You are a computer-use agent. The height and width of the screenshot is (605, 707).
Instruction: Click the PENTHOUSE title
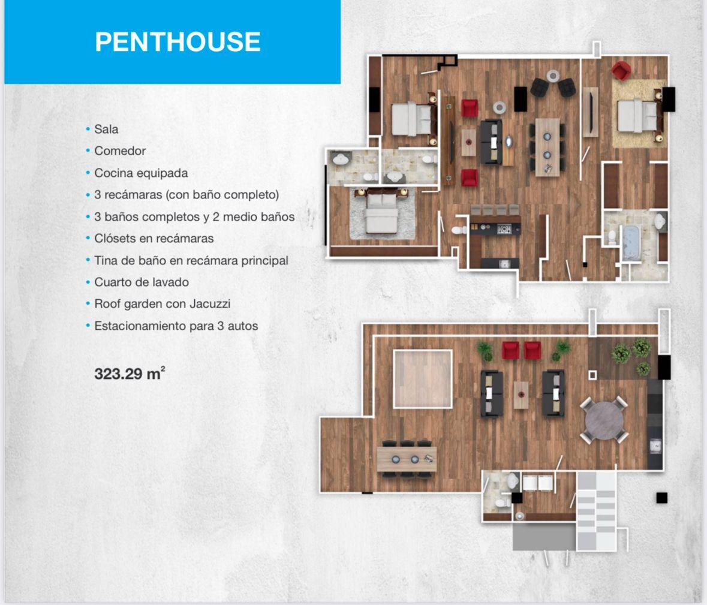point(177,41)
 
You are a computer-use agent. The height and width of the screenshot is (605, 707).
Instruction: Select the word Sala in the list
point(106,130)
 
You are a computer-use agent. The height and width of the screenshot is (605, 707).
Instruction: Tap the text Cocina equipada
point(141,173)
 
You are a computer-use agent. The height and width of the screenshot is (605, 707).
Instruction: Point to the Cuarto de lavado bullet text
point(142,282)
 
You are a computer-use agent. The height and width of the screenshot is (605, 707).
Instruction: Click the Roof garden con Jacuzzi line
point(163,304)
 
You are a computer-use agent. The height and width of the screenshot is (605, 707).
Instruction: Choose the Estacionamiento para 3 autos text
point(176,326)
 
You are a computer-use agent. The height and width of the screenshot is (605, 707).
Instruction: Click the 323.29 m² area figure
point(130,374)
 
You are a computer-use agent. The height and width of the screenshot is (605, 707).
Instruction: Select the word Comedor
point(120,151)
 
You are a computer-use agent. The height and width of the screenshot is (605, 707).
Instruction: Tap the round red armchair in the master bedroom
point(621,70)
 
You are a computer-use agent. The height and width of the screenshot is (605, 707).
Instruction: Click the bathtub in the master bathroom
point(631,242)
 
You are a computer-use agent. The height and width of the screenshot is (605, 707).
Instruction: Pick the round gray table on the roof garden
point(604,420)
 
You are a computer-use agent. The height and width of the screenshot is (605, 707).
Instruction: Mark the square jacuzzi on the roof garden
point(423,379)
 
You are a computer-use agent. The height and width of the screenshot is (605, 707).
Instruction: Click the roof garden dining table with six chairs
point(407,459)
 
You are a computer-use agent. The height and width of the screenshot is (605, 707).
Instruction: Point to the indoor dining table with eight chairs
point(547,147)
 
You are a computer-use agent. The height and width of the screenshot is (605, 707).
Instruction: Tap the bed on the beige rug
point(637,116)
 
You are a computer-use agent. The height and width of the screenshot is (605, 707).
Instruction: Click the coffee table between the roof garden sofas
point(521,395)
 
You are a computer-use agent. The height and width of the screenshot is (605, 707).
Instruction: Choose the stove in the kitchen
point(504,230)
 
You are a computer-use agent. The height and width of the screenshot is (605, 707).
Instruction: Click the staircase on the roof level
point(596,511)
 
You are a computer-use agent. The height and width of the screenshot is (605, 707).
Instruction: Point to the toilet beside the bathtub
point(612,237)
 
